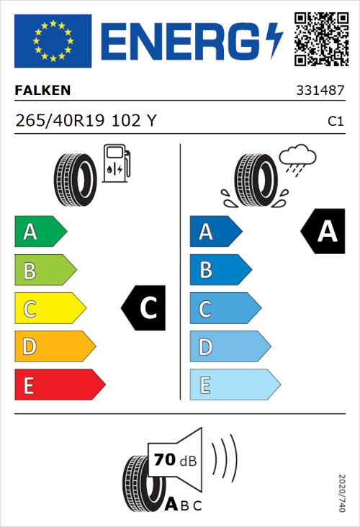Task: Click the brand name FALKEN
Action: coord(42,91)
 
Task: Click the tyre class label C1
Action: coord(335,122)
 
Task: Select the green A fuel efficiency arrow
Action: coord(40,232)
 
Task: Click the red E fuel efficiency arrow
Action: coord(58,386)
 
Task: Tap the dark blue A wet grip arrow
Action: coord(215,232)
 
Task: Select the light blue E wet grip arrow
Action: coord(233,386)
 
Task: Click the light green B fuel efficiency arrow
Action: coord(45,271)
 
